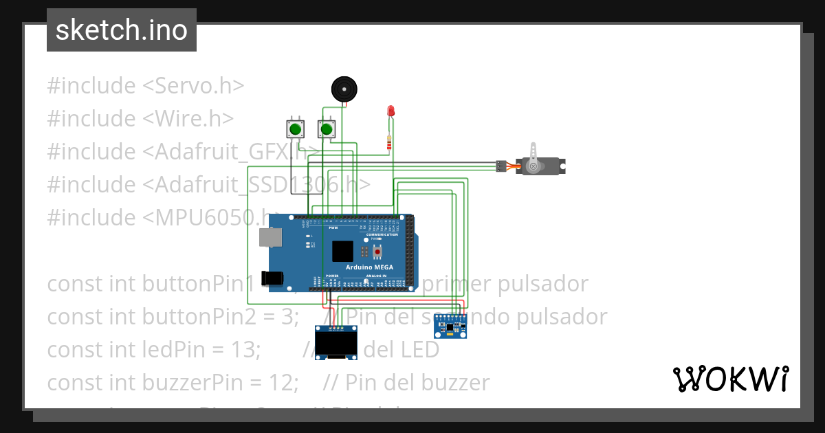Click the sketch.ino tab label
coord(122,30)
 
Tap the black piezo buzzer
coord(344,89)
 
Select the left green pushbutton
coord(296,129)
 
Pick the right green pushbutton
coord(327,129)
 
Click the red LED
coord(390,111)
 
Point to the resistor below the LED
coord(390,143)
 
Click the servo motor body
coord(540,166)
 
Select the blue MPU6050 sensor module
coord(450,326)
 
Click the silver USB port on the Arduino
coord(269,237)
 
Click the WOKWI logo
coord(730,379)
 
